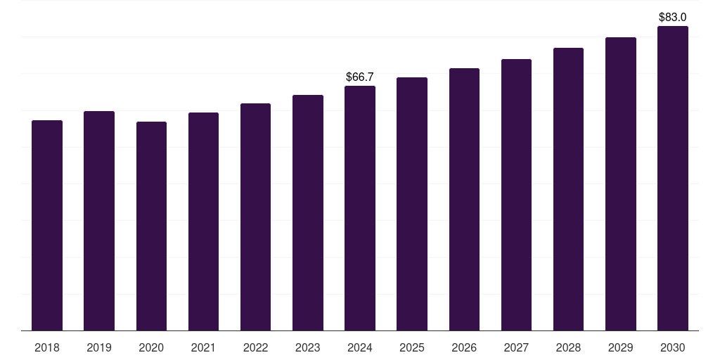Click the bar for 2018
coord(47,225)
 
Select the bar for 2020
coord(151,226)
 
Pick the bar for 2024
coord(360,208)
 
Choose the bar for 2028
coord(568,189)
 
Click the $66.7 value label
coord(360,77)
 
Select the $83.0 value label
coord(673,17)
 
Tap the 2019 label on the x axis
coord(99,347)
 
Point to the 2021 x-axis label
coord(203,347)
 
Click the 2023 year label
coord(308,347)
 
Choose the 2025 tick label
coord(412,347)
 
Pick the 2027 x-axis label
coord(516,347)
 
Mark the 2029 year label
coord(620,347)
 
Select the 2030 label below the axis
coord(673,347)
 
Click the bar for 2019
coord(99,221)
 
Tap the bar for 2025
coord(412,204)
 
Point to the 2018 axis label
coord(47,347)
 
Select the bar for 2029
coord(620,184)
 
